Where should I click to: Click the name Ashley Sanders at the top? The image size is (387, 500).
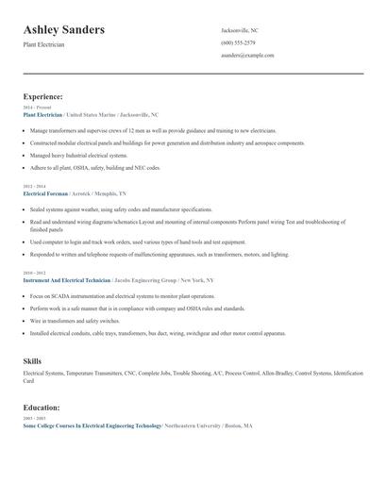[x=64, y=30]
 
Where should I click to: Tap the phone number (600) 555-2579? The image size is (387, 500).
[x=238, y=42]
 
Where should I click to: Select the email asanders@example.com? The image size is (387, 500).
[x=247, y=55]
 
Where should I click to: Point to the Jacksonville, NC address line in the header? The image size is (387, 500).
[x=240, y=30]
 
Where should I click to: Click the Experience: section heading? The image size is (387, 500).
[x=43, y=96]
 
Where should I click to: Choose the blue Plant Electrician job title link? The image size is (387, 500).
[x=43, y=114]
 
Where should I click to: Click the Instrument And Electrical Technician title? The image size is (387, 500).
[x=66, y=280]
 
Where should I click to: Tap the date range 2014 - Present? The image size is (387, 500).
[x=38, y=108]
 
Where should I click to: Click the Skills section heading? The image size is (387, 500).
[x=32, y=361]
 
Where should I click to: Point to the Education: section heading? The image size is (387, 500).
[x=42, y=408]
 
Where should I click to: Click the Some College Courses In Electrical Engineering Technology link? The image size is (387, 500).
[x=92, y=425]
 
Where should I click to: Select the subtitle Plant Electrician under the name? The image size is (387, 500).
[x=44, y=44]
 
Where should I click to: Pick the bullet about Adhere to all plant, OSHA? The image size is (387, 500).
[x=95, y=167]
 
